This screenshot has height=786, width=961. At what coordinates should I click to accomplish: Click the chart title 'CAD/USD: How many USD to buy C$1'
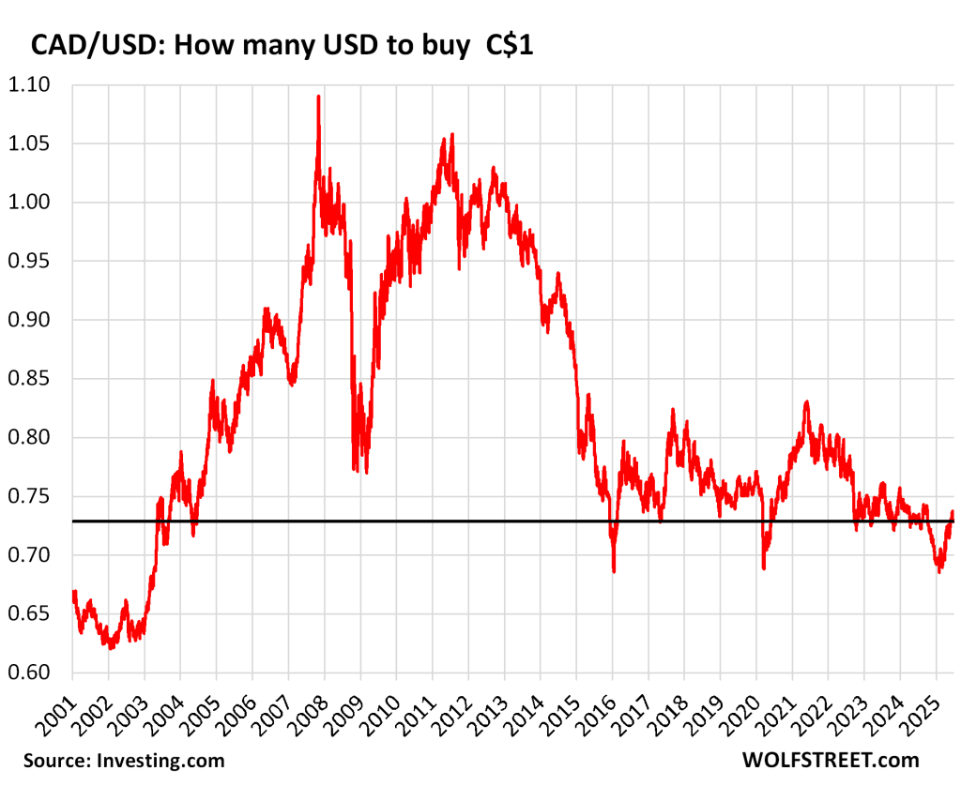[x=282, y=46]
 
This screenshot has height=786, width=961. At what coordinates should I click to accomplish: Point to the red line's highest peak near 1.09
[x=318, y=97]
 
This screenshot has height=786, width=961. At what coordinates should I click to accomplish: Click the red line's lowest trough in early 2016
[x=614, y=571]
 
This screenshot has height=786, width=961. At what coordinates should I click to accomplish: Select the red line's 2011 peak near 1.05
[x=452, y=135]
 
